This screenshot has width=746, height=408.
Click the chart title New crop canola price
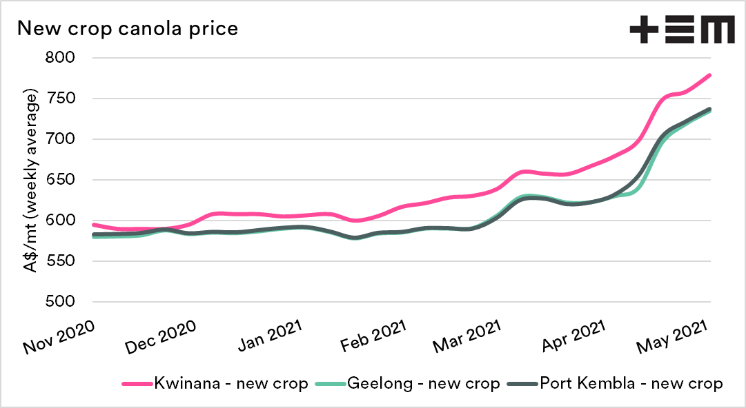[x=128, y=29]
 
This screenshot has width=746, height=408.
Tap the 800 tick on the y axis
[x=68, y=58]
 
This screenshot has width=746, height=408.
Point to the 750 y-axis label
[x=68, y=99]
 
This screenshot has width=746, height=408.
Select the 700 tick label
[x=68, y=139]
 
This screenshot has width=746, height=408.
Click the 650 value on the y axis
[x=68, y=180]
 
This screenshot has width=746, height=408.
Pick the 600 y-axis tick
[x=68, y=221]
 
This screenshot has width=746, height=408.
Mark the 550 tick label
[x=68, y=261]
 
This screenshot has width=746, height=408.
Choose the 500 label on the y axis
[x=68, y=302]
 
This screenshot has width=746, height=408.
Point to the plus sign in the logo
[x=643, y=30]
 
